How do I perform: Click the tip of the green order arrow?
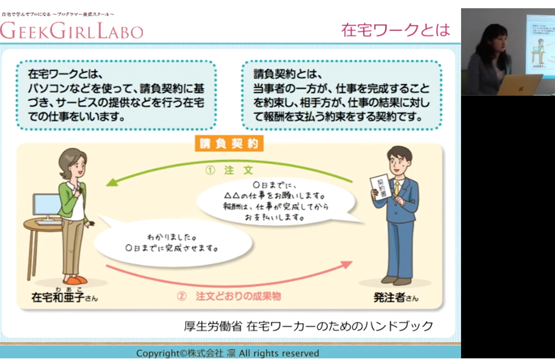pos(107,185)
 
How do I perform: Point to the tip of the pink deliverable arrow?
pos(352,262)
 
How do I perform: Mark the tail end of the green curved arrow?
pos(353,181)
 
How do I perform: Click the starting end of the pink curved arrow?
pos(107,265)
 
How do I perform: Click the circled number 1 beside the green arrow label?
pos(210,170)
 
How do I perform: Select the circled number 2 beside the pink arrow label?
pos(181,296)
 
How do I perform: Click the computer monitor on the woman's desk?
pos(46,206)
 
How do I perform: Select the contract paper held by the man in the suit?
pos(380,187)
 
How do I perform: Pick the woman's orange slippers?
pos(76,280)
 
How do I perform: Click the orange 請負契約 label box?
pos(229,143)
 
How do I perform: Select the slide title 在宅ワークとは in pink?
pos(395,30)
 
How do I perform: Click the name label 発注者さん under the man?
pos(396,297)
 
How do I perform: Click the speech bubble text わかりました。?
pos(171,237)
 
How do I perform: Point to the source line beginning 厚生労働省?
pos(308,326)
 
